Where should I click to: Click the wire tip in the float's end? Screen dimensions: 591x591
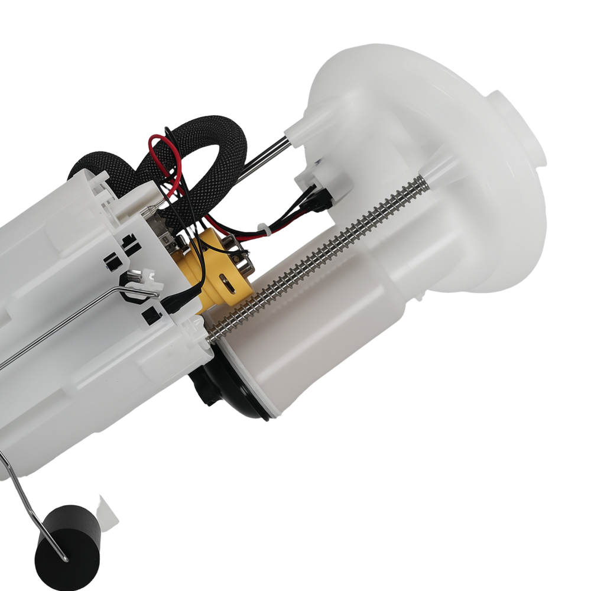tap(64, 558)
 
